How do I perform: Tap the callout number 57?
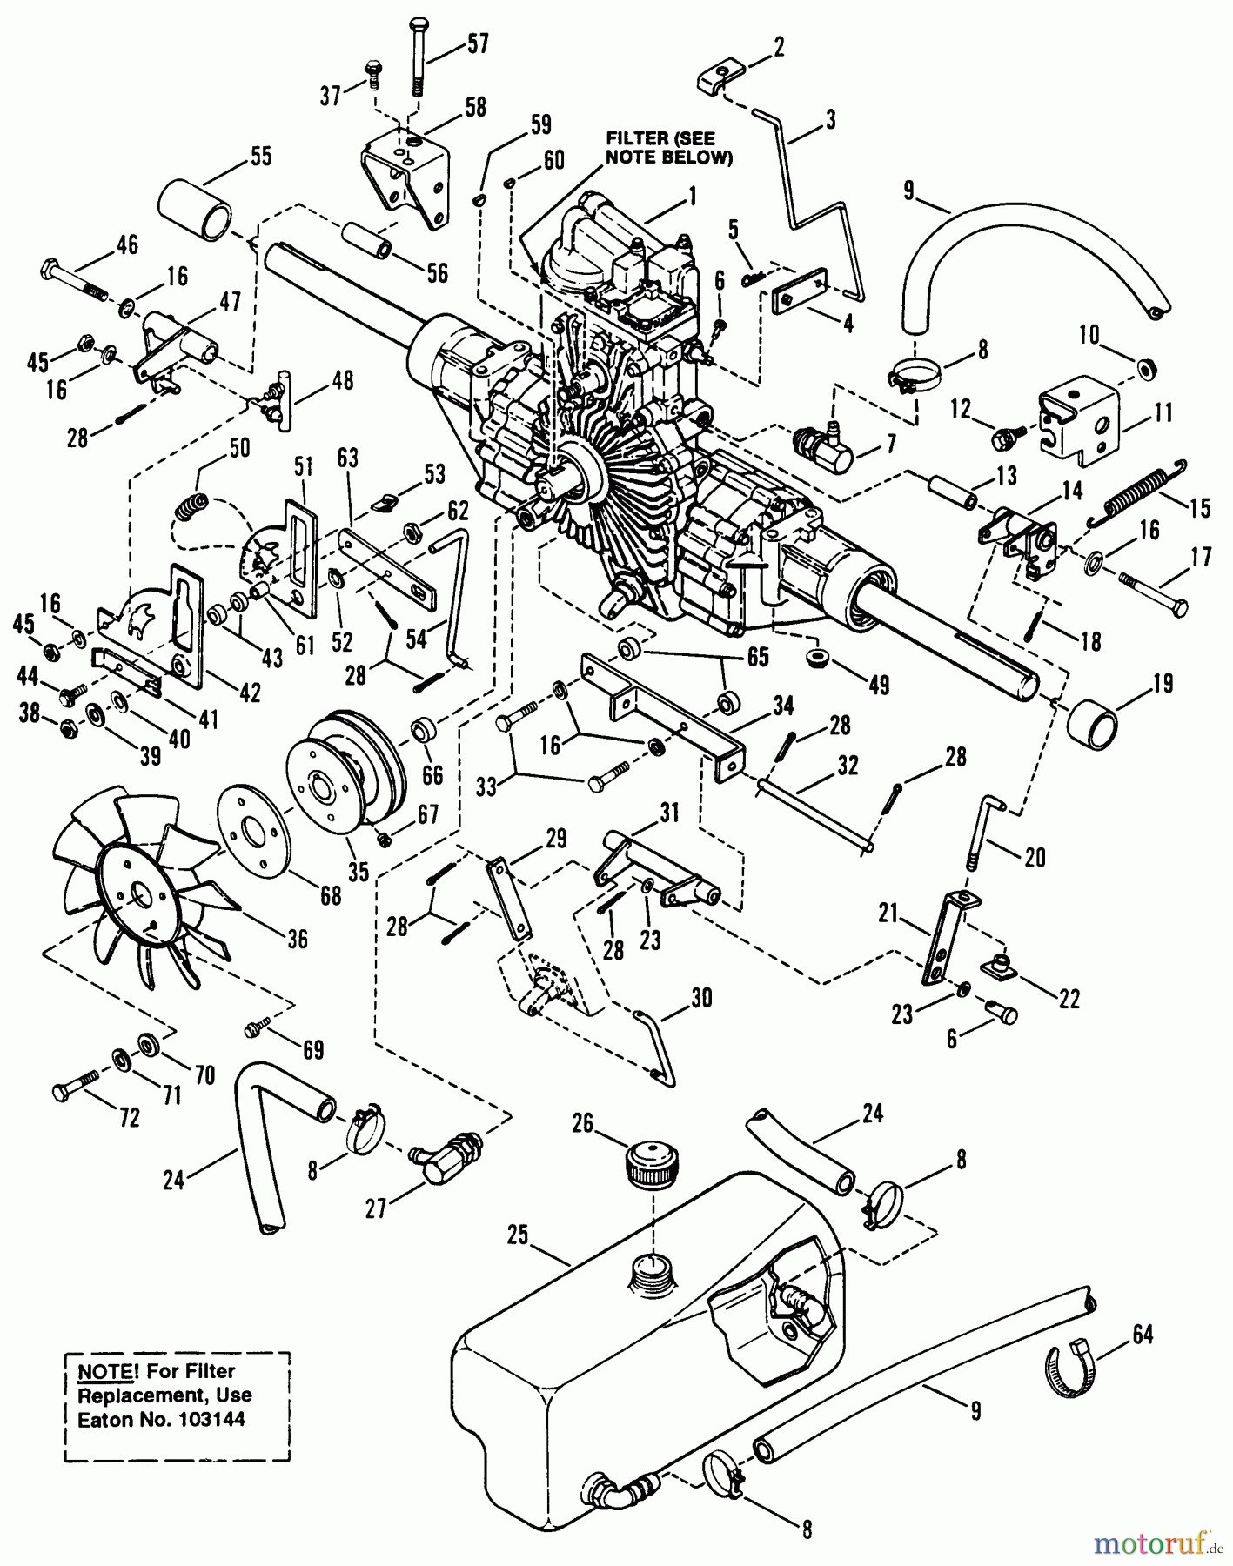[478, 43]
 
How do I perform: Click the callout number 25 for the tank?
[519, 1235]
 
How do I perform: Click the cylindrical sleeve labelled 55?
[195, 209]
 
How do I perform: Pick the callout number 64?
[1143, 1334]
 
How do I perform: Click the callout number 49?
[880, 686]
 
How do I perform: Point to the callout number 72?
[129, 1118]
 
